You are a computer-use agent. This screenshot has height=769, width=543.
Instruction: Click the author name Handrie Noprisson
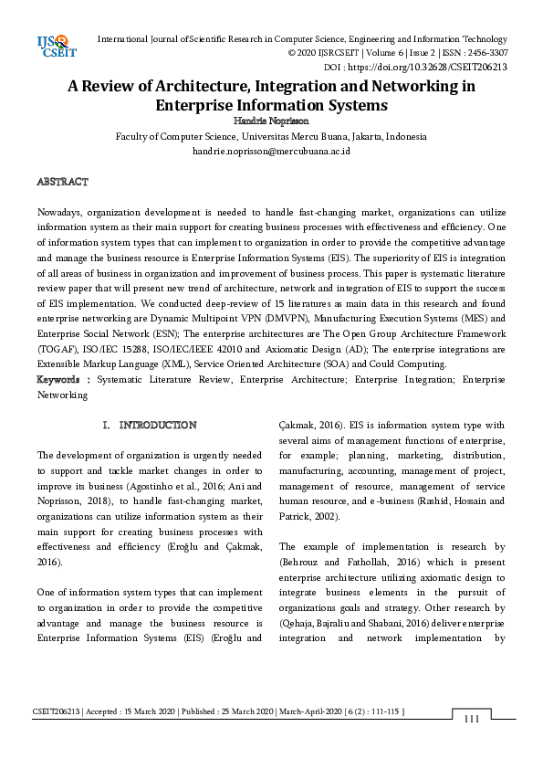point(271,121)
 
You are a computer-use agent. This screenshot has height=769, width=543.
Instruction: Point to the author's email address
point(271,151)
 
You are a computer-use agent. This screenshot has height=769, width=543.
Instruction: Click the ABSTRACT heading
point(62,182)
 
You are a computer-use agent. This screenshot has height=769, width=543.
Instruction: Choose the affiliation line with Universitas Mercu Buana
point(271,136)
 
